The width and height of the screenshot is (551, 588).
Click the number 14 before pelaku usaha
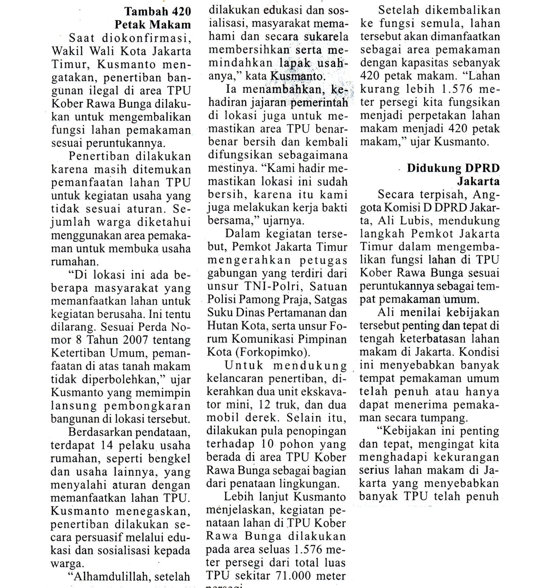(x=107, y=445)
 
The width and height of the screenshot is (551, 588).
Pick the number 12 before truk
(x=264, y=405)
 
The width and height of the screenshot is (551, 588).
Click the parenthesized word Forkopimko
(x=272, y=352)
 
